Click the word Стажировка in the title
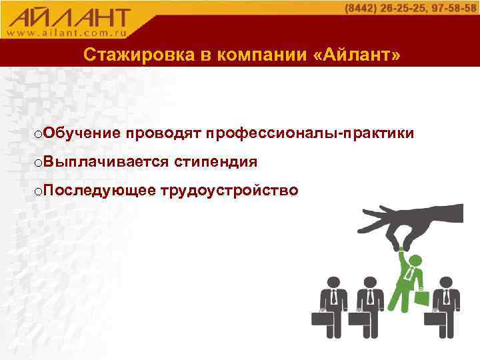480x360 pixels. click(x=133, y=55)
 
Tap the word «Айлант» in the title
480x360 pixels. click(x=357, y=55)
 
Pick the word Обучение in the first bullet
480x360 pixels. click(x=82, y=134)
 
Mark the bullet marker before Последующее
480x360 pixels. click(x=39, y=192)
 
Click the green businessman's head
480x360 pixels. click(x=415, y=261)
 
